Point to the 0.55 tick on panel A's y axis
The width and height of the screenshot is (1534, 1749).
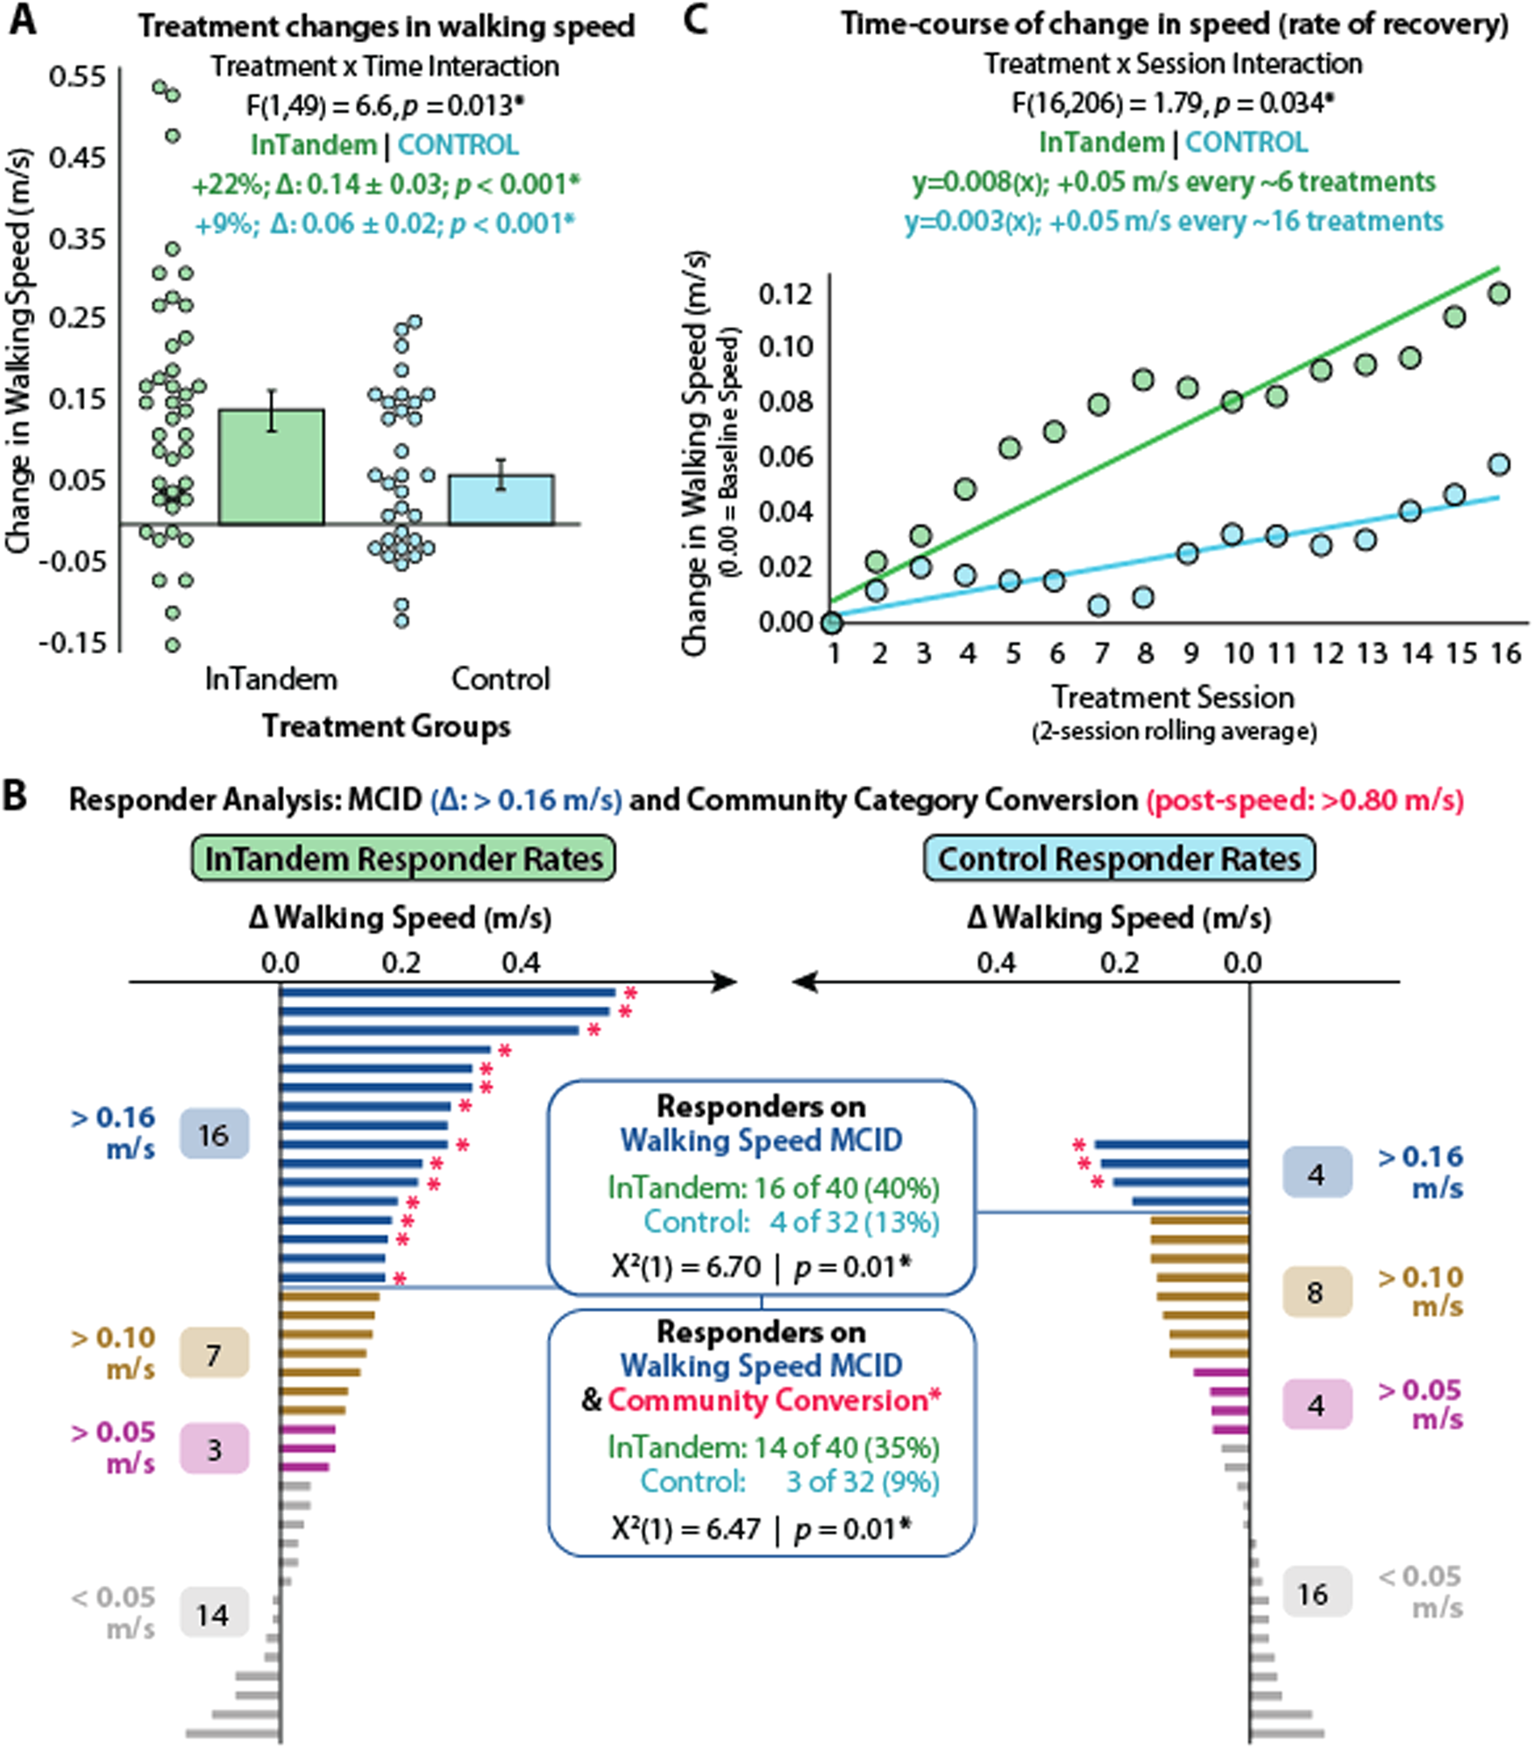pyautogui.click(x=76, y=77)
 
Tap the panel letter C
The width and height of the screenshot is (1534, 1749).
pyautogui.click(x=694, y=21)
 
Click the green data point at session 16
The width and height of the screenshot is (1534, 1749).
pyautogui.click(x=1499, y=294)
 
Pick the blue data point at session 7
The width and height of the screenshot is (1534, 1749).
pyautogui.click(x=1099, y=605)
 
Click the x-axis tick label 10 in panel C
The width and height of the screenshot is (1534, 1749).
pyautogui.click(x=1238, y=653)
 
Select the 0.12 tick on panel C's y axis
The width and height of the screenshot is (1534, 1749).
pyautogui.click(x=785, y=294)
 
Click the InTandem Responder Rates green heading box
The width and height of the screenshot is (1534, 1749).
pyautogui.click(x=403, y=859)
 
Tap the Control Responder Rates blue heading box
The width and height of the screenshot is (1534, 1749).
pyautogui.click(x=1119, y=859)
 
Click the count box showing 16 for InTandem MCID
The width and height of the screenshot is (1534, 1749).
pyautogui.click(x=214, y=1135)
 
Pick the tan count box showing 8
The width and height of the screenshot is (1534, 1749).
pyautogui.click(x=1316, y=1292)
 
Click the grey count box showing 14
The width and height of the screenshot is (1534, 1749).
pyautogui.click(x=214, y=1614)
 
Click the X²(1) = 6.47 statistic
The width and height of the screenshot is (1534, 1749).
pyautogui.click(x=685, y=1529)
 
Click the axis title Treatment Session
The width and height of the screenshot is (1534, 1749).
pyautogui.click(x=1173, y=697)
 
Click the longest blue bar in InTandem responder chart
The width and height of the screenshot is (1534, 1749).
pyautogui.click(x=447, y=993)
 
